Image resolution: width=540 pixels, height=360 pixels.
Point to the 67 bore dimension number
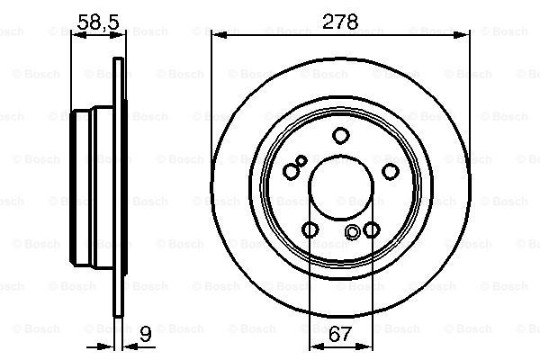pos(339,336)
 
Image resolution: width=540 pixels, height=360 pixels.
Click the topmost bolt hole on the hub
pos(340,137)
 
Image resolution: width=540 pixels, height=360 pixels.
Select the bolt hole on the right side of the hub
pos(390,172)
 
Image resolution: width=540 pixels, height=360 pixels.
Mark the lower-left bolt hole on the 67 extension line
pos(310,230)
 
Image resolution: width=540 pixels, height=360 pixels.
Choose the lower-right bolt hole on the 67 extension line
pos(370,230)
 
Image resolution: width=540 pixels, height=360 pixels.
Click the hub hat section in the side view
pos(90,190)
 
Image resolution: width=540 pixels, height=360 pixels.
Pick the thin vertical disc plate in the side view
pos(119,190)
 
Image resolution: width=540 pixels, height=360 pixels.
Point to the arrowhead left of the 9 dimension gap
pos(112,346)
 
